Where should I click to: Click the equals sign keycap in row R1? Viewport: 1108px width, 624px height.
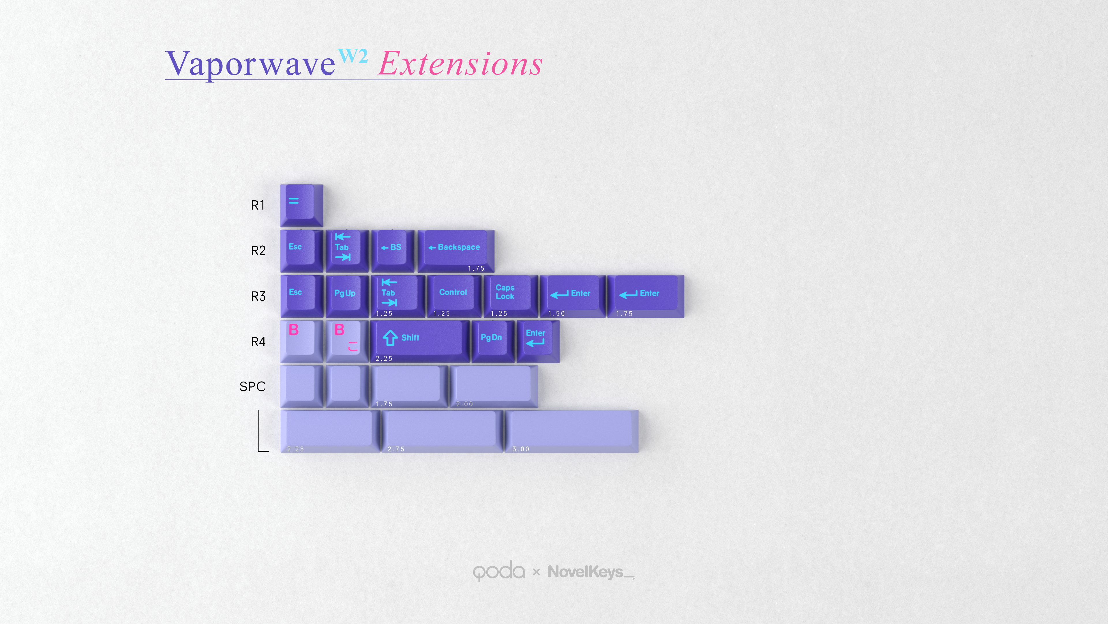coord(301,205)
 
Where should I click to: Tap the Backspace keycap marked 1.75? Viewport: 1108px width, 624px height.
coord(456,251)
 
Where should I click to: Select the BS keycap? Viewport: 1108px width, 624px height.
coord(393,251)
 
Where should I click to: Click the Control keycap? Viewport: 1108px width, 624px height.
coord(454,296)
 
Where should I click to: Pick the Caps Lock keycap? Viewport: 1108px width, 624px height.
coord(511,296)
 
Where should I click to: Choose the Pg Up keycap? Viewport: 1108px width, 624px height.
coord(347,296)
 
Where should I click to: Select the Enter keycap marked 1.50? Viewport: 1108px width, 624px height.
coord(573,296)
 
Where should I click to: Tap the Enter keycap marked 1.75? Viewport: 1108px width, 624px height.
coord(646,296)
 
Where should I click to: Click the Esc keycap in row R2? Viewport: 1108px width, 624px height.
coord(301,251)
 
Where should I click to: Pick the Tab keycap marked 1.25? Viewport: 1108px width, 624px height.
coord(398,296)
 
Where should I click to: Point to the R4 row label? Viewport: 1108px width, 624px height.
coord(258,342)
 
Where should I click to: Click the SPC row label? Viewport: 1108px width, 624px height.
coord(252,387)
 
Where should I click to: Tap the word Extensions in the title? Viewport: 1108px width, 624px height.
coord(460,64)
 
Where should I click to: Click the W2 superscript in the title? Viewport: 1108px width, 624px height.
coord(353,56)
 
